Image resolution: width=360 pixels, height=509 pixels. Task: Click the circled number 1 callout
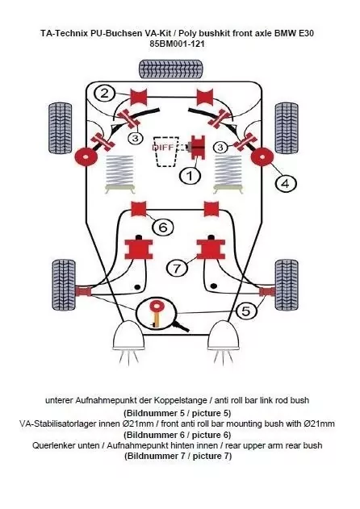pos(190,174)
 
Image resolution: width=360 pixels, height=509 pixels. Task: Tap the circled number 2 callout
pos(106,93)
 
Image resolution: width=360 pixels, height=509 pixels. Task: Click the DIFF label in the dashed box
pos(165,148)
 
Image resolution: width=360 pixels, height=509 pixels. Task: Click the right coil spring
pos(226,173)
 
